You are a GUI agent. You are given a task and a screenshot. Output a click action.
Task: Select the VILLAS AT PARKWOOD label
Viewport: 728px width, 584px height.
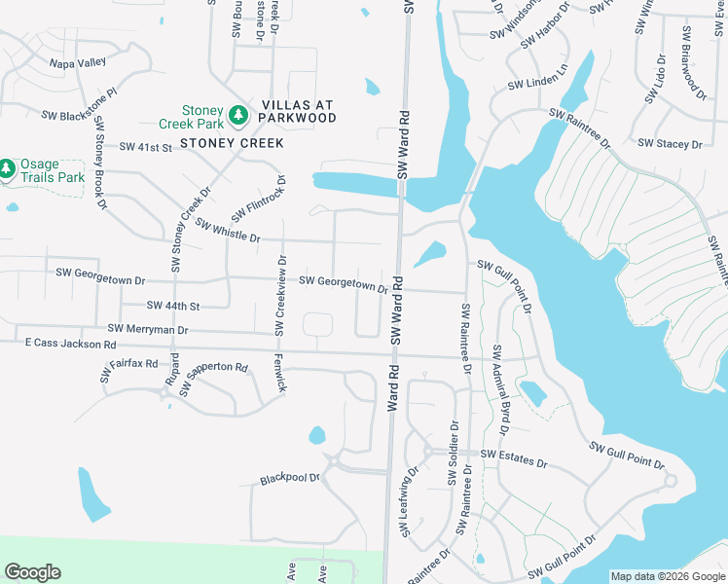tap(298, 111)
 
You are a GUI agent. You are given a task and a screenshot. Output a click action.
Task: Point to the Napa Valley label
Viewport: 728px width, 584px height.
tap(78, 62)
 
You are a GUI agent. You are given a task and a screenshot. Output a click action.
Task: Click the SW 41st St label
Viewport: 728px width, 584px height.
tap(145, 147)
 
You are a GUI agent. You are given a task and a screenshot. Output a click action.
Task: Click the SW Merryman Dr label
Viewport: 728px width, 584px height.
tap(148, 330)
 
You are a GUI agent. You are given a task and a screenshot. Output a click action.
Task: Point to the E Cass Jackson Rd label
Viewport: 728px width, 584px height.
tap(71, 345)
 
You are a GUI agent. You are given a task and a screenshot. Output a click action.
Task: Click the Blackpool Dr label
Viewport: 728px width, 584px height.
tap(290, 479)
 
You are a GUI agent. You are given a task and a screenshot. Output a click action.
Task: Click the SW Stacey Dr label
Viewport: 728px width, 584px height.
tap(670, 144)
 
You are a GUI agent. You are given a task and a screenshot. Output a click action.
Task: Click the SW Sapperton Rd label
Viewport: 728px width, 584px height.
tap(216, 380)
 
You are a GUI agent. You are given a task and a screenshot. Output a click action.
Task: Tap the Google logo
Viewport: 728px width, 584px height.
tap(32, 572)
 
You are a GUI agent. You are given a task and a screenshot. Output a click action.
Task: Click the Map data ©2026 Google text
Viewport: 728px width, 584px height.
tap(667, 576)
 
